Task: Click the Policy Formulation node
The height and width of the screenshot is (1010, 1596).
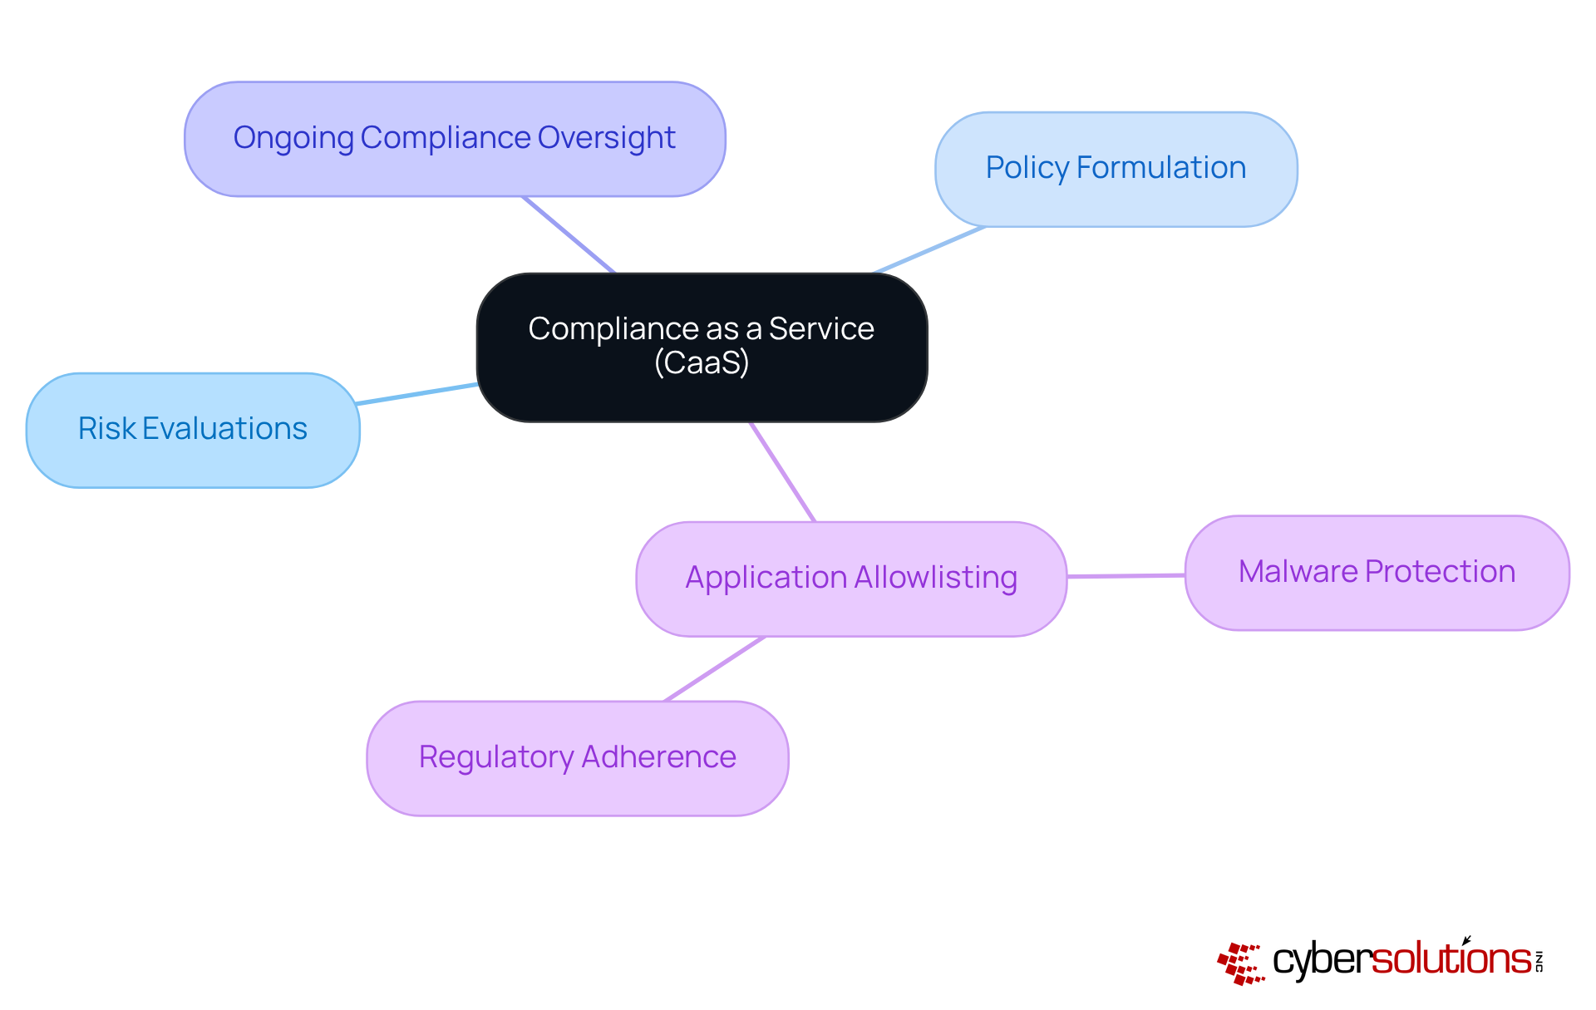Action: tap(1116, 169)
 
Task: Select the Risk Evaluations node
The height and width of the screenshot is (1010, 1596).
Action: tap(193, 430)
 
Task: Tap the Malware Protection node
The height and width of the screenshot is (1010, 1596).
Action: tap(1377, 573)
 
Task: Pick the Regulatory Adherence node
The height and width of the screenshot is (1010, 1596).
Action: tap(577, 758)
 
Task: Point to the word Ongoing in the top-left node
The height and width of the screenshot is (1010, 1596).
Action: tap(293, 138)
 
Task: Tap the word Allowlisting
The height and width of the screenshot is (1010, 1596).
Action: tap(935, 578)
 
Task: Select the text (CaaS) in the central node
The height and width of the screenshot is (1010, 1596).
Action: tap(702, 363)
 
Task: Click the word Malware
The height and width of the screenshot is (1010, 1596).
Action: tap(1298, 572)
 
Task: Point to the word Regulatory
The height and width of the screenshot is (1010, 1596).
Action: tap(496, 757)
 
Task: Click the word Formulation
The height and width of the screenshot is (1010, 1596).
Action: tap(1161, 168)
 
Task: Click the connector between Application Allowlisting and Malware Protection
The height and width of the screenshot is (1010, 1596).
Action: tap(1126, 575)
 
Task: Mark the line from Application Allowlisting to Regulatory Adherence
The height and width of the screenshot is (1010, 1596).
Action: tap(715, 668)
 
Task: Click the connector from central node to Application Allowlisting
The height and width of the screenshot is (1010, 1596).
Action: tap(782, 472)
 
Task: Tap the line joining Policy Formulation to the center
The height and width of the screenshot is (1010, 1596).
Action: tap(929, 249)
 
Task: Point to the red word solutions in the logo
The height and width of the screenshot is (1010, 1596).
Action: tap(1451, 959)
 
